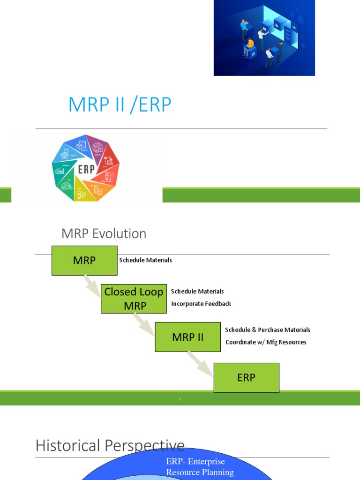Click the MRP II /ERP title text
click(x=120, y=105)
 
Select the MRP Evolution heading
click(x=104, y=233)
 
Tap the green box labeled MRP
click(x=84, y=260)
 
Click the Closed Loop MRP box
click(x=134, y=299)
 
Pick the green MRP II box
click(x=187, y=337)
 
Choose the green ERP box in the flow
click(x=246, y=377)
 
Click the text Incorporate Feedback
click(x=201, y=304)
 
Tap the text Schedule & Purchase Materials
click(x=268, y=330)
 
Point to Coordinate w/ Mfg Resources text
click(x=266, y=342)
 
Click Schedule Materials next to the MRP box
click(x=145, y=260)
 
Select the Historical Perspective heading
click(x=110, y=445)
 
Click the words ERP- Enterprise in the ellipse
click(x=195, y=462)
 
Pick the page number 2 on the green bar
click(x=180, y=399)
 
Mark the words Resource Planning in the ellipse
click(x=200, y=472)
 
